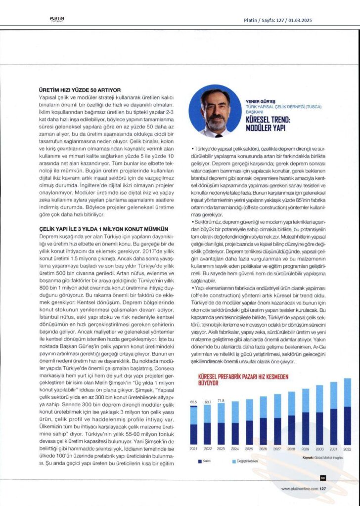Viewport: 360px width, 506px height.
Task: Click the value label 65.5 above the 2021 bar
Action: (194, 402)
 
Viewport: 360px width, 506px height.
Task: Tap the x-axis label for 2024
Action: (235, 449)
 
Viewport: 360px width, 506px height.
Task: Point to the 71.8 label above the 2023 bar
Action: (221, 400)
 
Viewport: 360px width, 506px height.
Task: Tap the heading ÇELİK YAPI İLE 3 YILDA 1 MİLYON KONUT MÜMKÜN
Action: (104, 229)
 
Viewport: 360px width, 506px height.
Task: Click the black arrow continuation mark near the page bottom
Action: (322, 478)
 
